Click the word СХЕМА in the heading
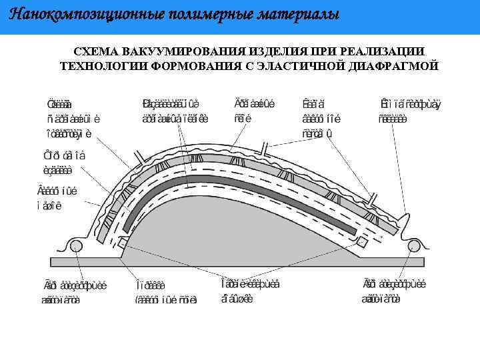[95, 52]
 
